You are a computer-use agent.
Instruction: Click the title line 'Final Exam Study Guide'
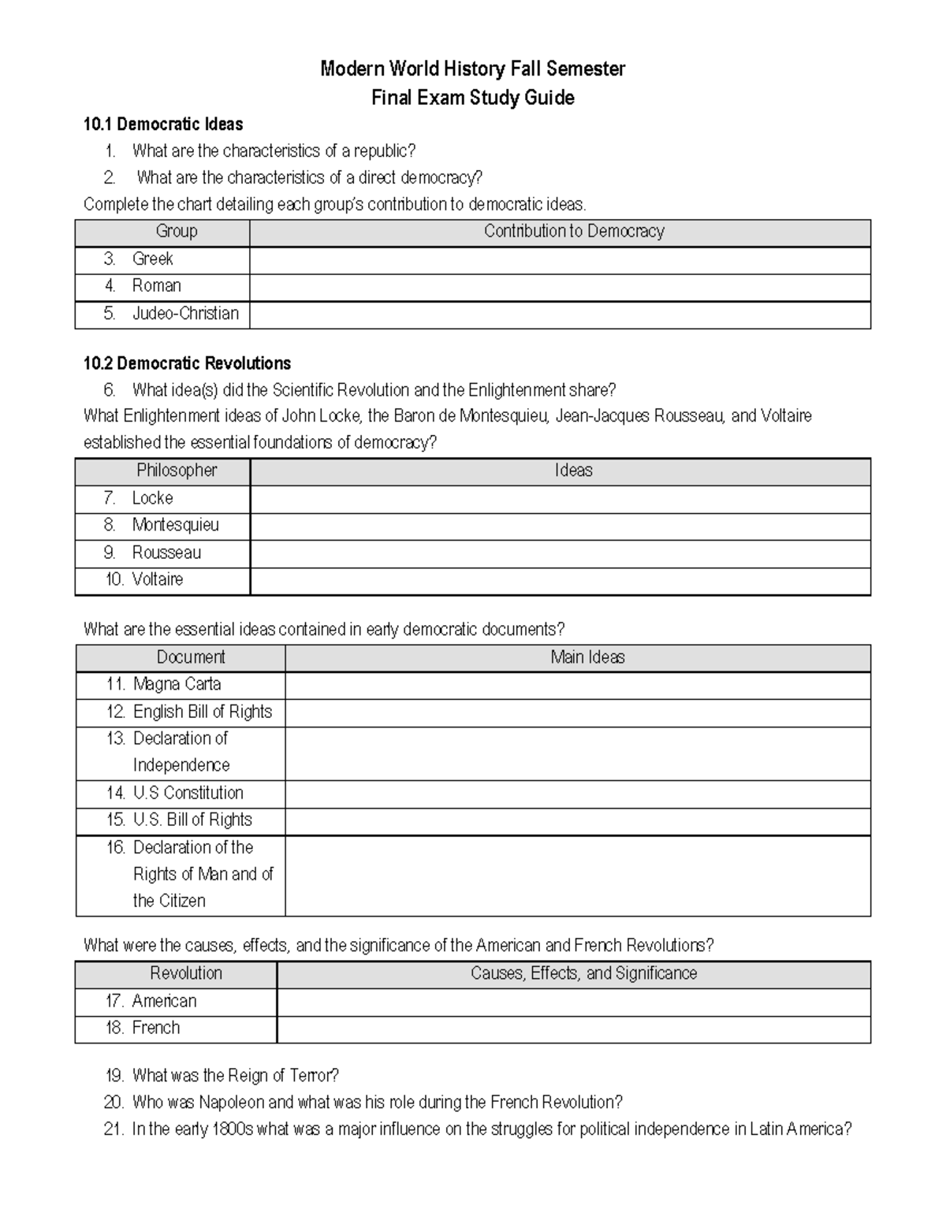[x=472, y=98]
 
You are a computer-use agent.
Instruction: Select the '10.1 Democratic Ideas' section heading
[x=163, y=125]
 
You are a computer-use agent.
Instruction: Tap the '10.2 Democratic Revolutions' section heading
[x=187, y=363]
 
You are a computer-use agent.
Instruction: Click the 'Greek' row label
[x=152, y=259]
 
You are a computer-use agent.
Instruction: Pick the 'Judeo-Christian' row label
[x=185, y=314]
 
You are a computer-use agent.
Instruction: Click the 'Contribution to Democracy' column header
[x=574, y=232]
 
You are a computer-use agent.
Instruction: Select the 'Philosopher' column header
[x=177, y=471]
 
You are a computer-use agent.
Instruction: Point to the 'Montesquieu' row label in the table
[x=175, y=525]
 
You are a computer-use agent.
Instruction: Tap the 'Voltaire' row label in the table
[x=158, y=579]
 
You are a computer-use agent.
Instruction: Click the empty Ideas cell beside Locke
[x=560, y=499]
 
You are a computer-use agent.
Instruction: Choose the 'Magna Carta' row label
[x=177, y=684]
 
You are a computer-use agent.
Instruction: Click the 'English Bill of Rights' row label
[x=203, y=712]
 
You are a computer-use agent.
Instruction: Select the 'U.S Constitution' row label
[x=188, y=793]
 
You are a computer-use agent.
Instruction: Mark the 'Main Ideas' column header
[x=587, y=657]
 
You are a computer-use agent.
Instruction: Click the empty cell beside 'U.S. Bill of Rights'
[x=577, y=820]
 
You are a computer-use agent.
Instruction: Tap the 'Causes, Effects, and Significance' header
[x=583, y=973]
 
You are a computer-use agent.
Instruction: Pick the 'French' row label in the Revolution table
[x=156, y=1028]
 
